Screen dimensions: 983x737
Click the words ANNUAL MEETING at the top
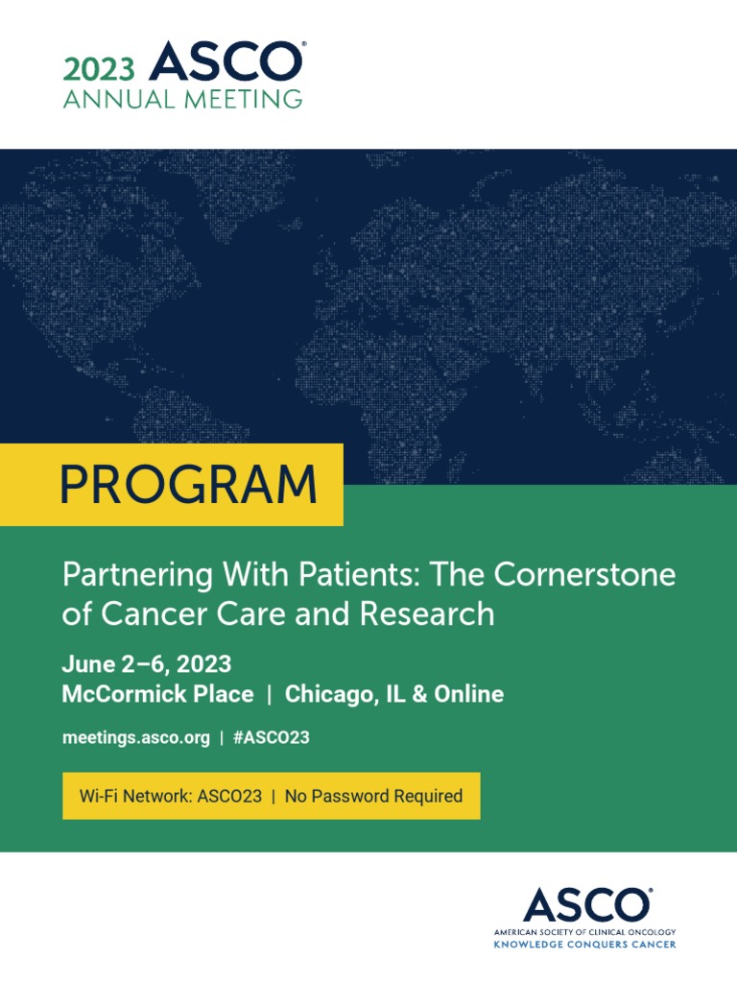click(x=182, y=99)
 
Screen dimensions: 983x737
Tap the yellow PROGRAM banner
click(x=188, y=485)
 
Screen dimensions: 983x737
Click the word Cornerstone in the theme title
click(x=584, y=575)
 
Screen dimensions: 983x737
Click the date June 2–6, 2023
click(x=146, y=664)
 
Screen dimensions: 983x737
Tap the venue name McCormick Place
click(x=157, y=694)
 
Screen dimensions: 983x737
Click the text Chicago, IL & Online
click(x=394, y=694)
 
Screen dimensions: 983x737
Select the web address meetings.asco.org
click(x=134, y=737)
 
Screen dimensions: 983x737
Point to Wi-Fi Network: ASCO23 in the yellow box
click(x=170, y=796)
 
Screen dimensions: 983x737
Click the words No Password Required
click(x=373, y=796)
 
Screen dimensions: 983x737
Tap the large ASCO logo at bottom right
click(x=584, y=906)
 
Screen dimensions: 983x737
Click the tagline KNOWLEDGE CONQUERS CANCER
click(x=584, y=945)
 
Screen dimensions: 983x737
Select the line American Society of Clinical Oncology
click(x=584, y=932)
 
